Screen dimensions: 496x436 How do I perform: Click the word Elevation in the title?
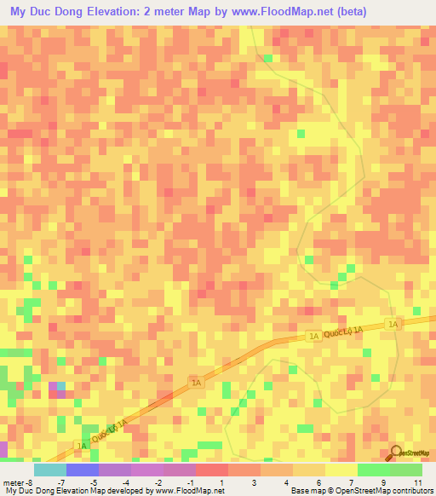[x=107, y=12]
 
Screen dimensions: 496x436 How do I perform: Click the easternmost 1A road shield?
[x=393, y=325]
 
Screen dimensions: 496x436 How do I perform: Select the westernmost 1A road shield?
[x=83, y=446]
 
